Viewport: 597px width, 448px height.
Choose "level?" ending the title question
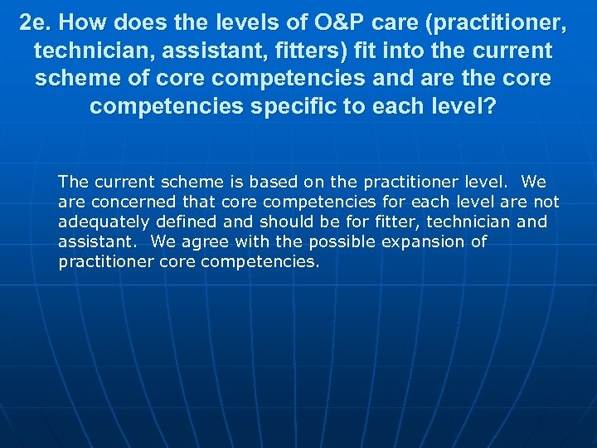click(466, 107)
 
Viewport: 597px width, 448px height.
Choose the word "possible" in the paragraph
click(342, 241)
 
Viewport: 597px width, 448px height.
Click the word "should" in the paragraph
click(284, 222)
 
